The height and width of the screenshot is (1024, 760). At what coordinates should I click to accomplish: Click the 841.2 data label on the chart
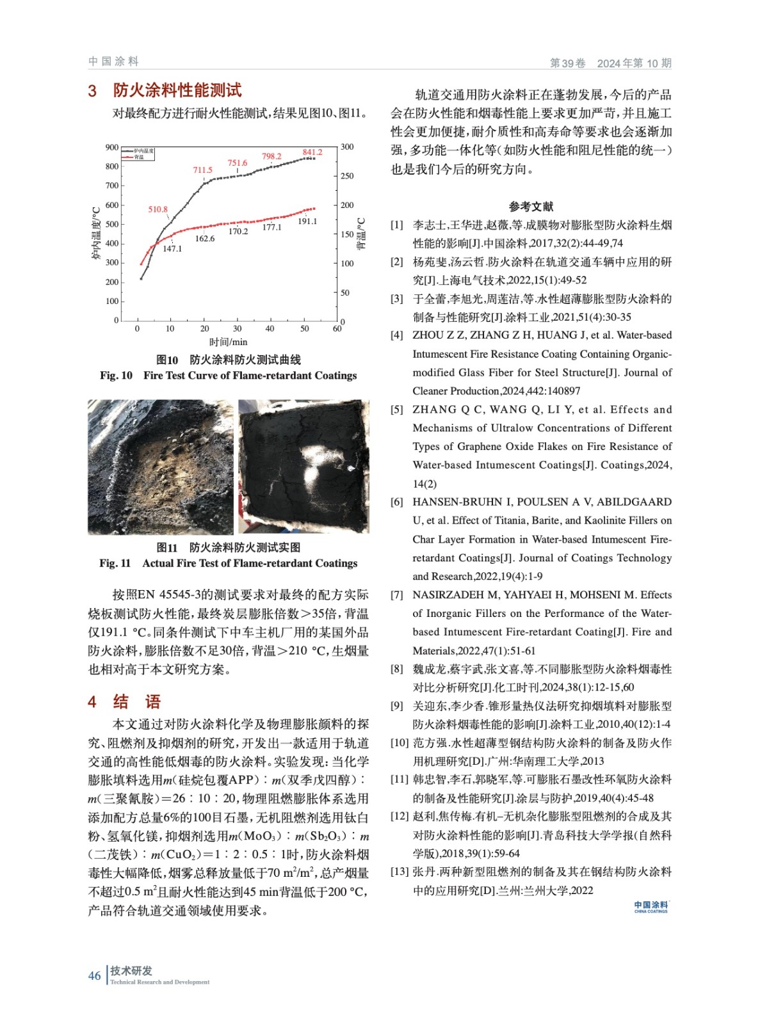pos(312,152)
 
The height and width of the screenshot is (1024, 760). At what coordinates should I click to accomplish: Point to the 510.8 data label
pos(158,209)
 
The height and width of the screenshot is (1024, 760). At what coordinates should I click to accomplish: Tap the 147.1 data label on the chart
pos(172,249)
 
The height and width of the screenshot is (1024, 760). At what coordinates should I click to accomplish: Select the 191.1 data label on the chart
pos(307,221)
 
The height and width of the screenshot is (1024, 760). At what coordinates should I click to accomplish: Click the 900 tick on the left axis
pos(112,147)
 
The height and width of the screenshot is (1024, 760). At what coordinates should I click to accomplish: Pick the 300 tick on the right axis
pos(347,147)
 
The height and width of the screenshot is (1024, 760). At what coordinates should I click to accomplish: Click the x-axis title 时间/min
pos(228,342)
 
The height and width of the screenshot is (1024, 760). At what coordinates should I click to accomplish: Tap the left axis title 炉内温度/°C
pos(96,233)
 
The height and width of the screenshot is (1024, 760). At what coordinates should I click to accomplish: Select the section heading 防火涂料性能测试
pos(177,90)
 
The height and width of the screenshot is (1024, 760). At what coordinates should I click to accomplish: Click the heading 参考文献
pos(531,206)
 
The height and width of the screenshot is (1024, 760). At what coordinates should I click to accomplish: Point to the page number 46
pos(94,976)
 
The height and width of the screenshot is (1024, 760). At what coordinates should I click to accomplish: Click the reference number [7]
pos(397,595)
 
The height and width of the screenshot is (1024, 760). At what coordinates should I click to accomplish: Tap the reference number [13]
pos(400,872)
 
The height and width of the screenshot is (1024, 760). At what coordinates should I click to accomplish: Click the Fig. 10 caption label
pos(116,376)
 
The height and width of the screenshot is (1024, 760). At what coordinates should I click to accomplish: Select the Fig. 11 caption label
pos(115,563)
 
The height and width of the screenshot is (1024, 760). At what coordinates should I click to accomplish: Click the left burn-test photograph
pos(160,467)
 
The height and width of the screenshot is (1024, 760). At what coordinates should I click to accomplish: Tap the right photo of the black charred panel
pos(303,467)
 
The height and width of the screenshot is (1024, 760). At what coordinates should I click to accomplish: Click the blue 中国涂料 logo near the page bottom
pos(651,906)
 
